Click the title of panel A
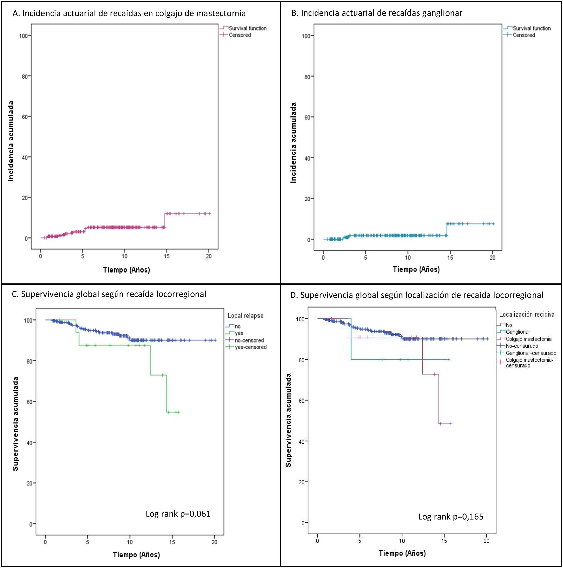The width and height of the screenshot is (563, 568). [129, 13]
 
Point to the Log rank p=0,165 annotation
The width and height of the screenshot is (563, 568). [451, 517]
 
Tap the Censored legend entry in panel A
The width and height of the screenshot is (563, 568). [240, 35]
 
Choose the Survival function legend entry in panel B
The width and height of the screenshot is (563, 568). [532, 28]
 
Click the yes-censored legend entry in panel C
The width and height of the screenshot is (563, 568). [250, 347]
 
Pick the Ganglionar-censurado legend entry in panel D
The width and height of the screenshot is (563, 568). [531, 353]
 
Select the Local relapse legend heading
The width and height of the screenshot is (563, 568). [245, 316]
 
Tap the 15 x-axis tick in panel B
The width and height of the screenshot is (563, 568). [450, 258]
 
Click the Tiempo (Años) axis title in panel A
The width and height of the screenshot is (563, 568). [126, 270]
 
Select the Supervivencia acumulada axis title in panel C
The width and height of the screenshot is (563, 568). [15, 424]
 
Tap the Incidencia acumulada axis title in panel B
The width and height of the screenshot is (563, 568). [293, 143]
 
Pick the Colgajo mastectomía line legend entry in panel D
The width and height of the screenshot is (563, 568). [528, 339]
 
